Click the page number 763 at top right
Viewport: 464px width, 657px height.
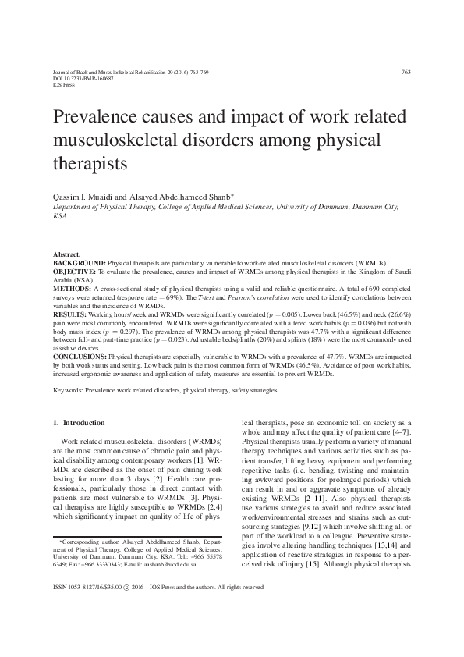406,73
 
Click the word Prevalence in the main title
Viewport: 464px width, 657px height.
97,119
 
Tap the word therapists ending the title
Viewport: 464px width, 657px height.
90,165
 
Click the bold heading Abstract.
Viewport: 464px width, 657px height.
66,254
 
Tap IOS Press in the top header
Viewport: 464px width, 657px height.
64,85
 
